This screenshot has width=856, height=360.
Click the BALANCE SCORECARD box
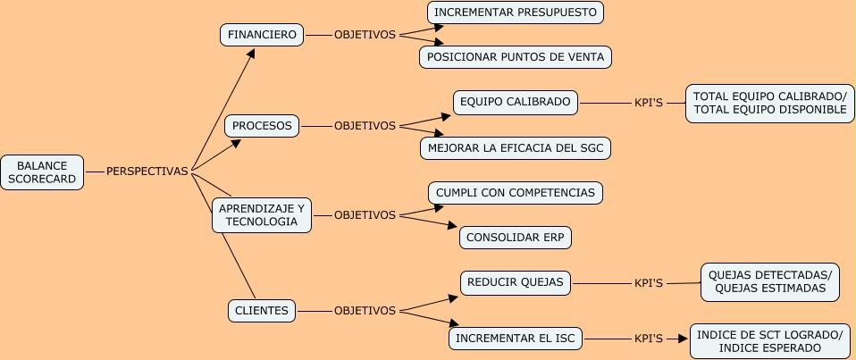(x=42, y=172)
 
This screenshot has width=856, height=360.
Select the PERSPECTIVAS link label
(x=147, y=172)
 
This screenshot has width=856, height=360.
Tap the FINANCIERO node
(x=262, y=35)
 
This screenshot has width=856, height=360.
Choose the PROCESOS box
(x=262, y=126)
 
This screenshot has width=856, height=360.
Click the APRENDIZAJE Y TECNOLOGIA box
(x=262, y=215)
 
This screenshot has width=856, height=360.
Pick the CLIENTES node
(x=262, y=311)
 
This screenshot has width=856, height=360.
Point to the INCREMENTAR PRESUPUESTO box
(x=516, y=13)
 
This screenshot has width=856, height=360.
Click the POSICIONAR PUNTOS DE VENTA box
(x=516, y=57)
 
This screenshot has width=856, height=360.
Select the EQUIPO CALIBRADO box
(x=516, y=102)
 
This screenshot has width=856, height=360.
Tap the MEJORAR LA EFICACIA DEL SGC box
(x=516, y=148)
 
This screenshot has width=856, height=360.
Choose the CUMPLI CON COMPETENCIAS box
(x=516, y=193)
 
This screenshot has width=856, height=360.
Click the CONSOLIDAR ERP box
(x=516, y=238)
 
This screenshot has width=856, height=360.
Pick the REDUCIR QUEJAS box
(x=516, y=283)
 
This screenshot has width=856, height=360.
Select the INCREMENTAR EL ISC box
(x=516, y=339)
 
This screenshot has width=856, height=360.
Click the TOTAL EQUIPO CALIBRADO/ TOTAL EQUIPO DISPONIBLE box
(x=769, y=103)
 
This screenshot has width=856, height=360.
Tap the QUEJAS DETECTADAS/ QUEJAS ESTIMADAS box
(x=769, y=282)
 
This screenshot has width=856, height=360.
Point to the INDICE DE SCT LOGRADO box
(x=769, y=341)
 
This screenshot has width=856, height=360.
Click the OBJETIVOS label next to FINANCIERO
(x=365, y=35)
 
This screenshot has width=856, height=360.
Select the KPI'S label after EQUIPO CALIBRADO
(x=648, y=103)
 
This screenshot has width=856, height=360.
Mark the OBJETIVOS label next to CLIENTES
(x=365, y=311)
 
